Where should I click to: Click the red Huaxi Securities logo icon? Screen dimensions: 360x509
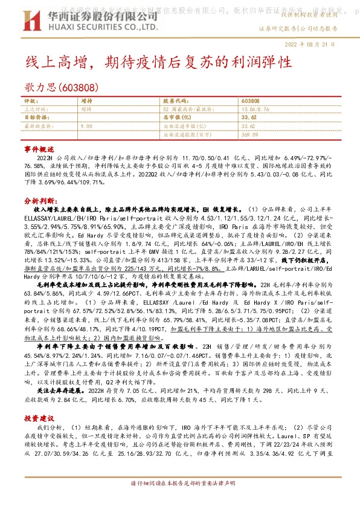(x=33, y=21)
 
